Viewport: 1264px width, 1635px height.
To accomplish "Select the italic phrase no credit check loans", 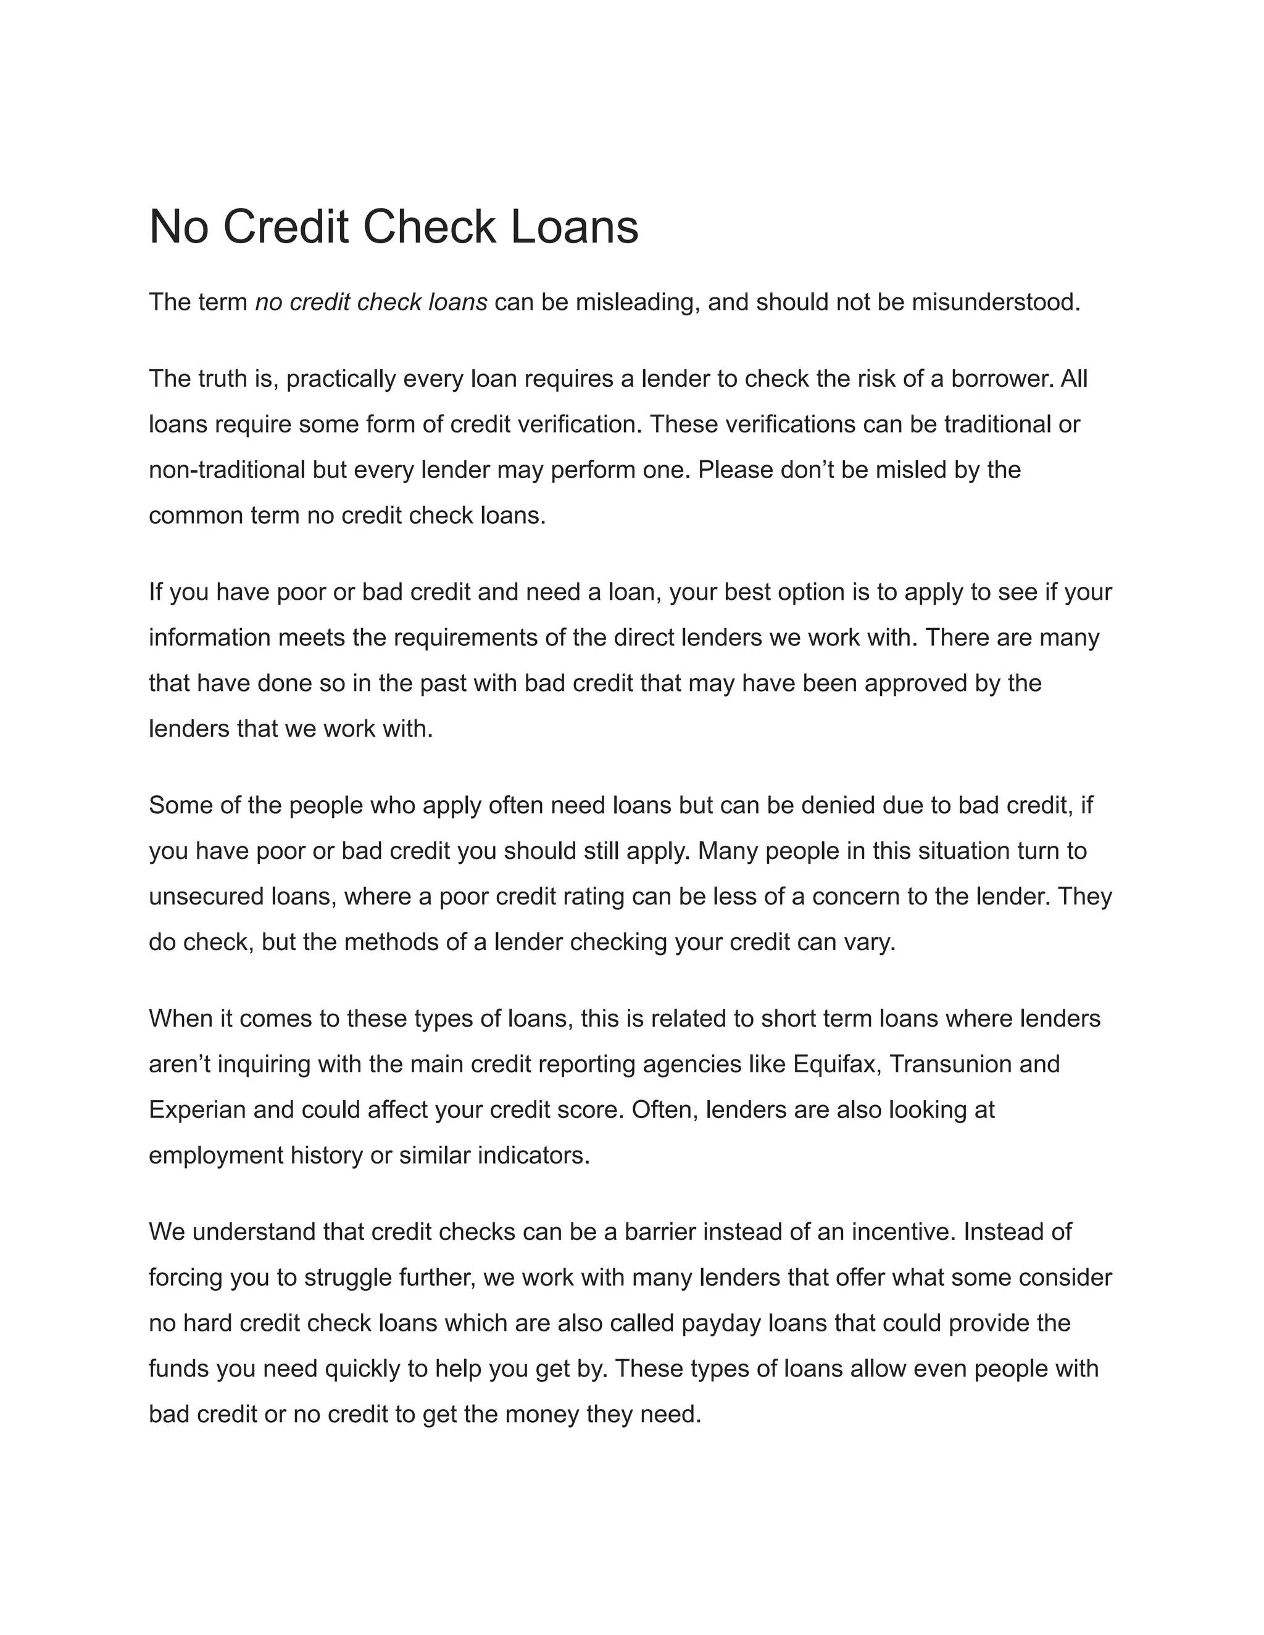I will tap(371, 302).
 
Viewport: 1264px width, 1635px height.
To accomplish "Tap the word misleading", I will tap(635, 302).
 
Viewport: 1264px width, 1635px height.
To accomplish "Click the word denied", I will tap(838, 806).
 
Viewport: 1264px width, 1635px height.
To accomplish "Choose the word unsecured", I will tap(196, 897).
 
